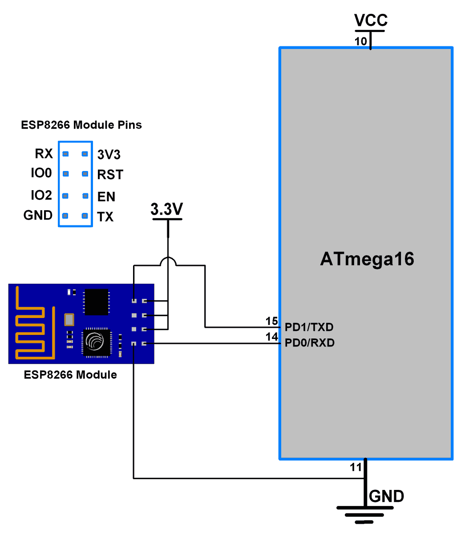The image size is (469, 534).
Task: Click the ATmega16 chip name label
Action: coord(367,259)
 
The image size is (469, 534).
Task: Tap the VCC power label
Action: coord(371,20)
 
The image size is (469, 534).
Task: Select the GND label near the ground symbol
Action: coord(386,496)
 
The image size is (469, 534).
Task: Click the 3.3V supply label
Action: coord(167,209)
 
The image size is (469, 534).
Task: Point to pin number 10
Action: coord(360,41)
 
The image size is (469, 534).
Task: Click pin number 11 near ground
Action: coord(356,467)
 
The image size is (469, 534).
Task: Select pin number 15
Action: coord(271,321)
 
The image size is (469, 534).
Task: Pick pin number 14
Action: coord(271,337)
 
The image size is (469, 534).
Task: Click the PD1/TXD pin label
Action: coord(309,327)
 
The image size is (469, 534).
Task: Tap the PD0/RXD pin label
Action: coord(309,343)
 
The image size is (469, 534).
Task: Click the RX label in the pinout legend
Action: coord(44,154)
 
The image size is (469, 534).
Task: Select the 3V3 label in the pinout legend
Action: coord(109,155)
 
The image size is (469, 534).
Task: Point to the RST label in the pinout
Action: coord(110,175)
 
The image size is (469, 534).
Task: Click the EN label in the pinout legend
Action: coord(106,196)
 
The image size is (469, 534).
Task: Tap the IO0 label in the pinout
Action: coord(41,173)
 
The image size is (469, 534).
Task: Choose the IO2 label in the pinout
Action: coord(41,195)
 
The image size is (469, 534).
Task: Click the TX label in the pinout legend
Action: coord(105,217)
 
